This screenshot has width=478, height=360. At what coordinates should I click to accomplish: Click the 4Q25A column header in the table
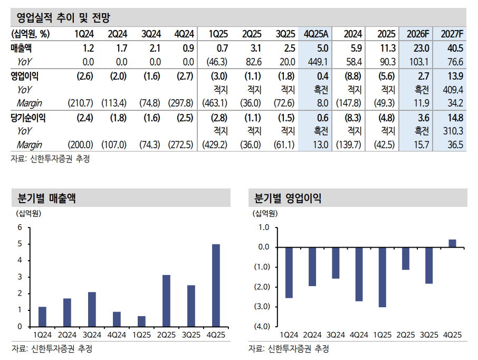316,34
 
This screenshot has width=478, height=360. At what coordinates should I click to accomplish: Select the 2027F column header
452,34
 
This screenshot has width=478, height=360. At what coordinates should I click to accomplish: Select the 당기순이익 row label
28,118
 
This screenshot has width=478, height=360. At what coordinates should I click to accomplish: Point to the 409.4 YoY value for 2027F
454,89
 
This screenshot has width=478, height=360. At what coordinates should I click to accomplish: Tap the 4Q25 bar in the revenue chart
216,285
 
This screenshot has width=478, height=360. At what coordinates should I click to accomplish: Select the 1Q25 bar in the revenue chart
141,321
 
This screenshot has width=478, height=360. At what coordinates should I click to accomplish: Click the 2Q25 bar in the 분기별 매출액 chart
166,300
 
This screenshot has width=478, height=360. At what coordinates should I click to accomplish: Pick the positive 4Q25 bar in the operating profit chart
452,243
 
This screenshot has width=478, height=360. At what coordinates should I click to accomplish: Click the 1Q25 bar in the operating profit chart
382,277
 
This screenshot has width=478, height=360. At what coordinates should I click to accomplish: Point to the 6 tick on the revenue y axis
20,228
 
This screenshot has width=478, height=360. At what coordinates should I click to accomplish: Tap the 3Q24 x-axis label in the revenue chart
92,335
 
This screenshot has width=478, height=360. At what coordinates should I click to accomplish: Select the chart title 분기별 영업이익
288,198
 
